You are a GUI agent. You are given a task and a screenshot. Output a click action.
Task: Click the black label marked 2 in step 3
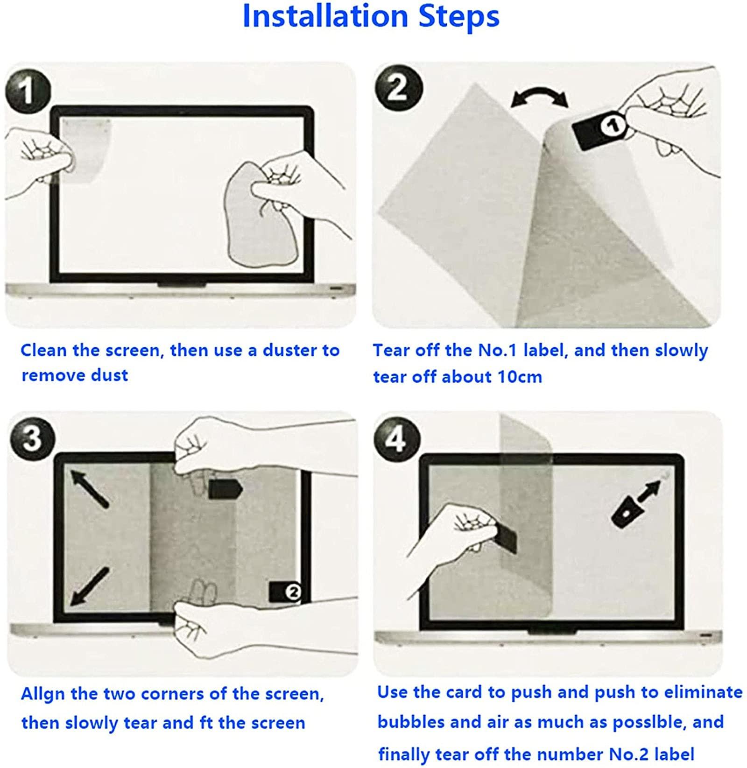pos(285,592)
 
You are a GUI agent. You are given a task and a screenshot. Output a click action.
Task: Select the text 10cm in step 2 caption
pos(520,376)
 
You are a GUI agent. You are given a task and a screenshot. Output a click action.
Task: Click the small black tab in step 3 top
pos(225,489)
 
